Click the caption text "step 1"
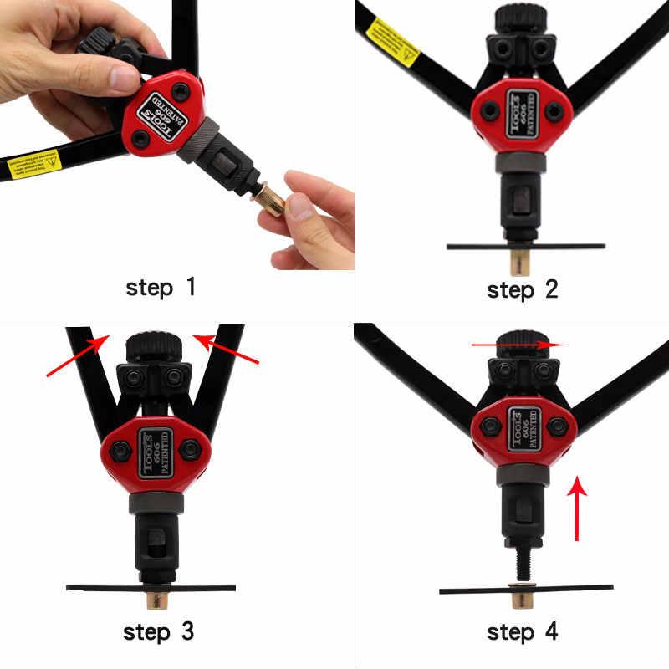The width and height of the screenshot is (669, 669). pos(161,288)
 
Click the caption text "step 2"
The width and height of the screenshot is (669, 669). pos(522,290)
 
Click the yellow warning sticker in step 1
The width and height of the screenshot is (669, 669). pos(34,163)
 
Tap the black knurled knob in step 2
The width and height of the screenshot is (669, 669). pos(520,18)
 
